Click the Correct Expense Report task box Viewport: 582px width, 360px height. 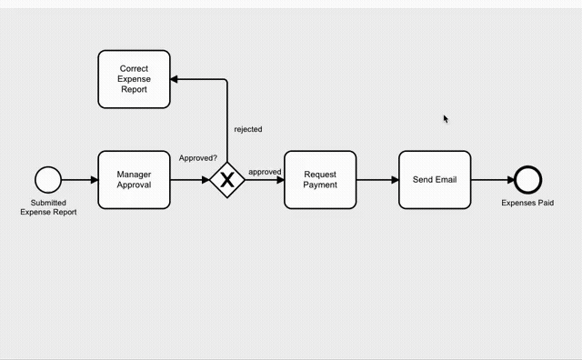click(134, 79)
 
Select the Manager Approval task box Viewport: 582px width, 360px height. click(134, 179)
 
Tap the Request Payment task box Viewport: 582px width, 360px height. click(320, 179)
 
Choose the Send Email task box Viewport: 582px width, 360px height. click(435, 179)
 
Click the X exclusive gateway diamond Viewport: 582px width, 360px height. click(226, 180)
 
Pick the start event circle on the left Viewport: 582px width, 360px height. click(48, 180)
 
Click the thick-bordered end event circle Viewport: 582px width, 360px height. click(527, 180)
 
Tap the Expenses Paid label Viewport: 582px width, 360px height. click(527, 203)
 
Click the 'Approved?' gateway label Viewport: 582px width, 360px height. click(197, 158)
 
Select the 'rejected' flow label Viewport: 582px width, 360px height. click(247, 129)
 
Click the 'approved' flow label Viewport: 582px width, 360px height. click(265, 172)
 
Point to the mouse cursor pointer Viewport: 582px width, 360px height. click(446, 118)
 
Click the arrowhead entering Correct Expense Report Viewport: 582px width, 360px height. click(176, 79)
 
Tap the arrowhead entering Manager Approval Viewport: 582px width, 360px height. click(93, 180)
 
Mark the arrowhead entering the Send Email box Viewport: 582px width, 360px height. click(394, 180)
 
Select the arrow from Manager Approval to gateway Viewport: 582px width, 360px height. click(189, 180)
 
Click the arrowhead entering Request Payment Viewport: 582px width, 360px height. click(279, 180)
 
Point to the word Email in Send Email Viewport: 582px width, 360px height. click(445, 179)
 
